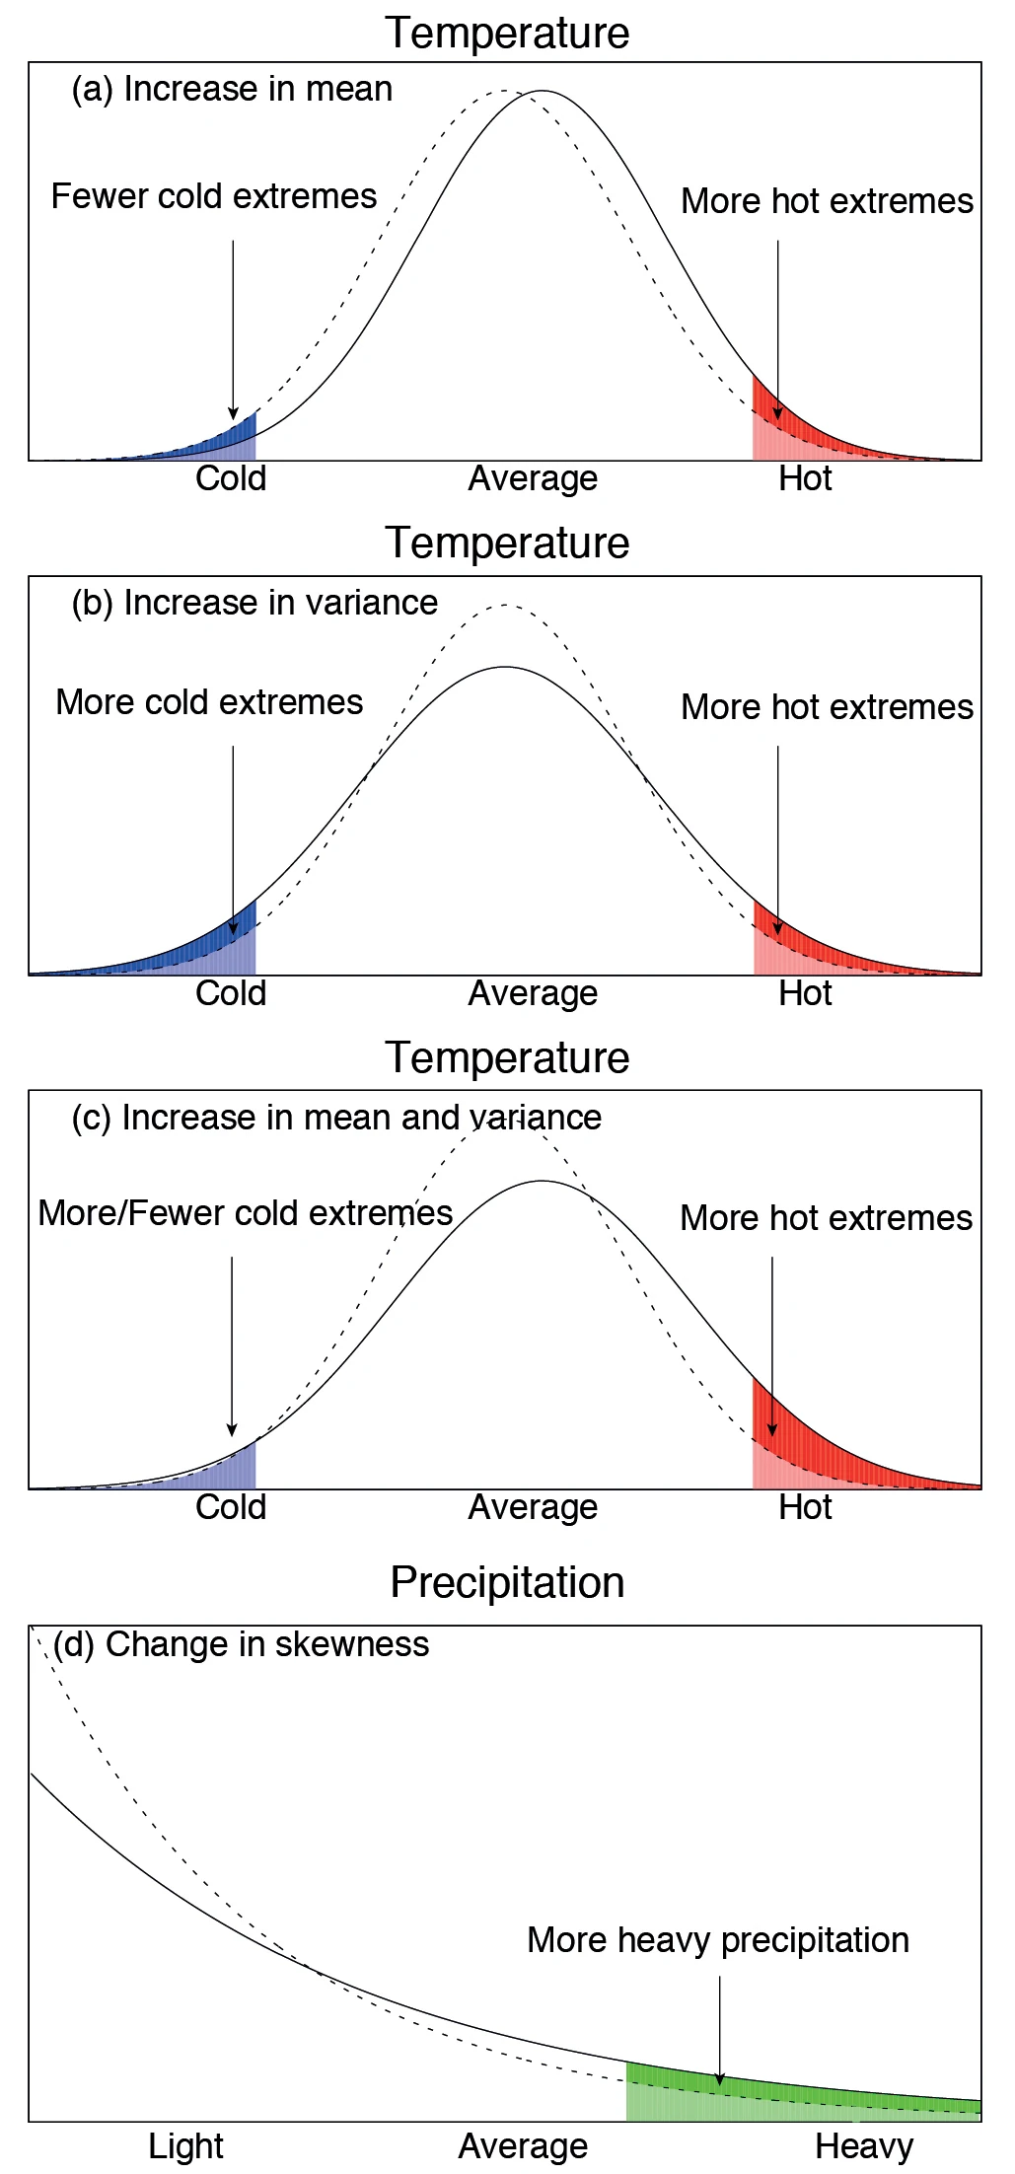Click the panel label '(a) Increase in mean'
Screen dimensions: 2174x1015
[232, 89]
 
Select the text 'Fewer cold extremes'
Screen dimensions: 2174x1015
[213, 196]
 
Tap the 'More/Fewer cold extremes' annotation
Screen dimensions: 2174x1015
[245, 1212]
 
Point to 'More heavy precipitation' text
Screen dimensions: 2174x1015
[717, 1939]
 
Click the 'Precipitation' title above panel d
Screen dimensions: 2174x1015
[507, 1582]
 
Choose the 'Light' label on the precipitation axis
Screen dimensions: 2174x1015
[185, 2145]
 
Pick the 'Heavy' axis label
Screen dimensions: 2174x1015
[864, 2145]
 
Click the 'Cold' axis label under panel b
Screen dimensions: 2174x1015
[231, 993]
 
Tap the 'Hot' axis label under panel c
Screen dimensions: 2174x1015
[805, 1507]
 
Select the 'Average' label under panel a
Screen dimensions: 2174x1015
[533, 478]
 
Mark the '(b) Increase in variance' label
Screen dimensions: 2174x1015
[254, 603]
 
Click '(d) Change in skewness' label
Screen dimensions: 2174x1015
[242, 1644]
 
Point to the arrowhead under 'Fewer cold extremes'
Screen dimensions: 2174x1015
[233, 413]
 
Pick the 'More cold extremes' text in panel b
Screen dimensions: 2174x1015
[209, 702]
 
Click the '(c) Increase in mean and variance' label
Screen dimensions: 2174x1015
[336, 1118]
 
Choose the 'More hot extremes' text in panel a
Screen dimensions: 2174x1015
[827, 201]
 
